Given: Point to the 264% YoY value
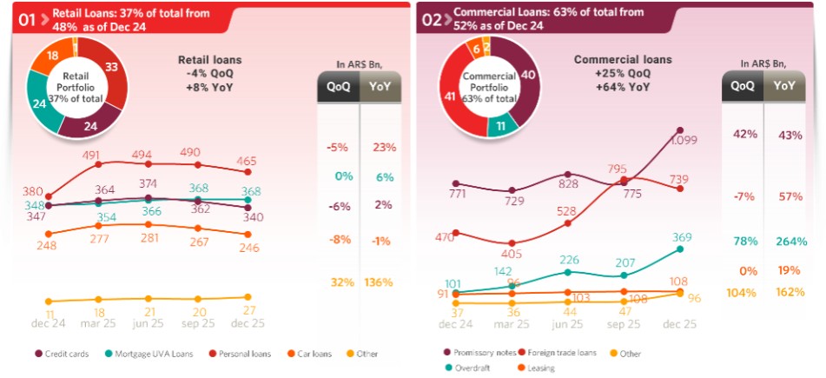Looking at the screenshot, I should tap(786, 241).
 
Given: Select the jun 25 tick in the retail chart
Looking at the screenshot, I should tap(149, 323).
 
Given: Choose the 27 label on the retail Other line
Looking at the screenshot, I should tap(248, 310).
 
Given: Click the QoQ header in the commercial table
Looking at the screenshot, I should tap(743, 85).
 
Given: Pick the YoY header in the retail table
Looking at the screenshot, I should tap(380, 85).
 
